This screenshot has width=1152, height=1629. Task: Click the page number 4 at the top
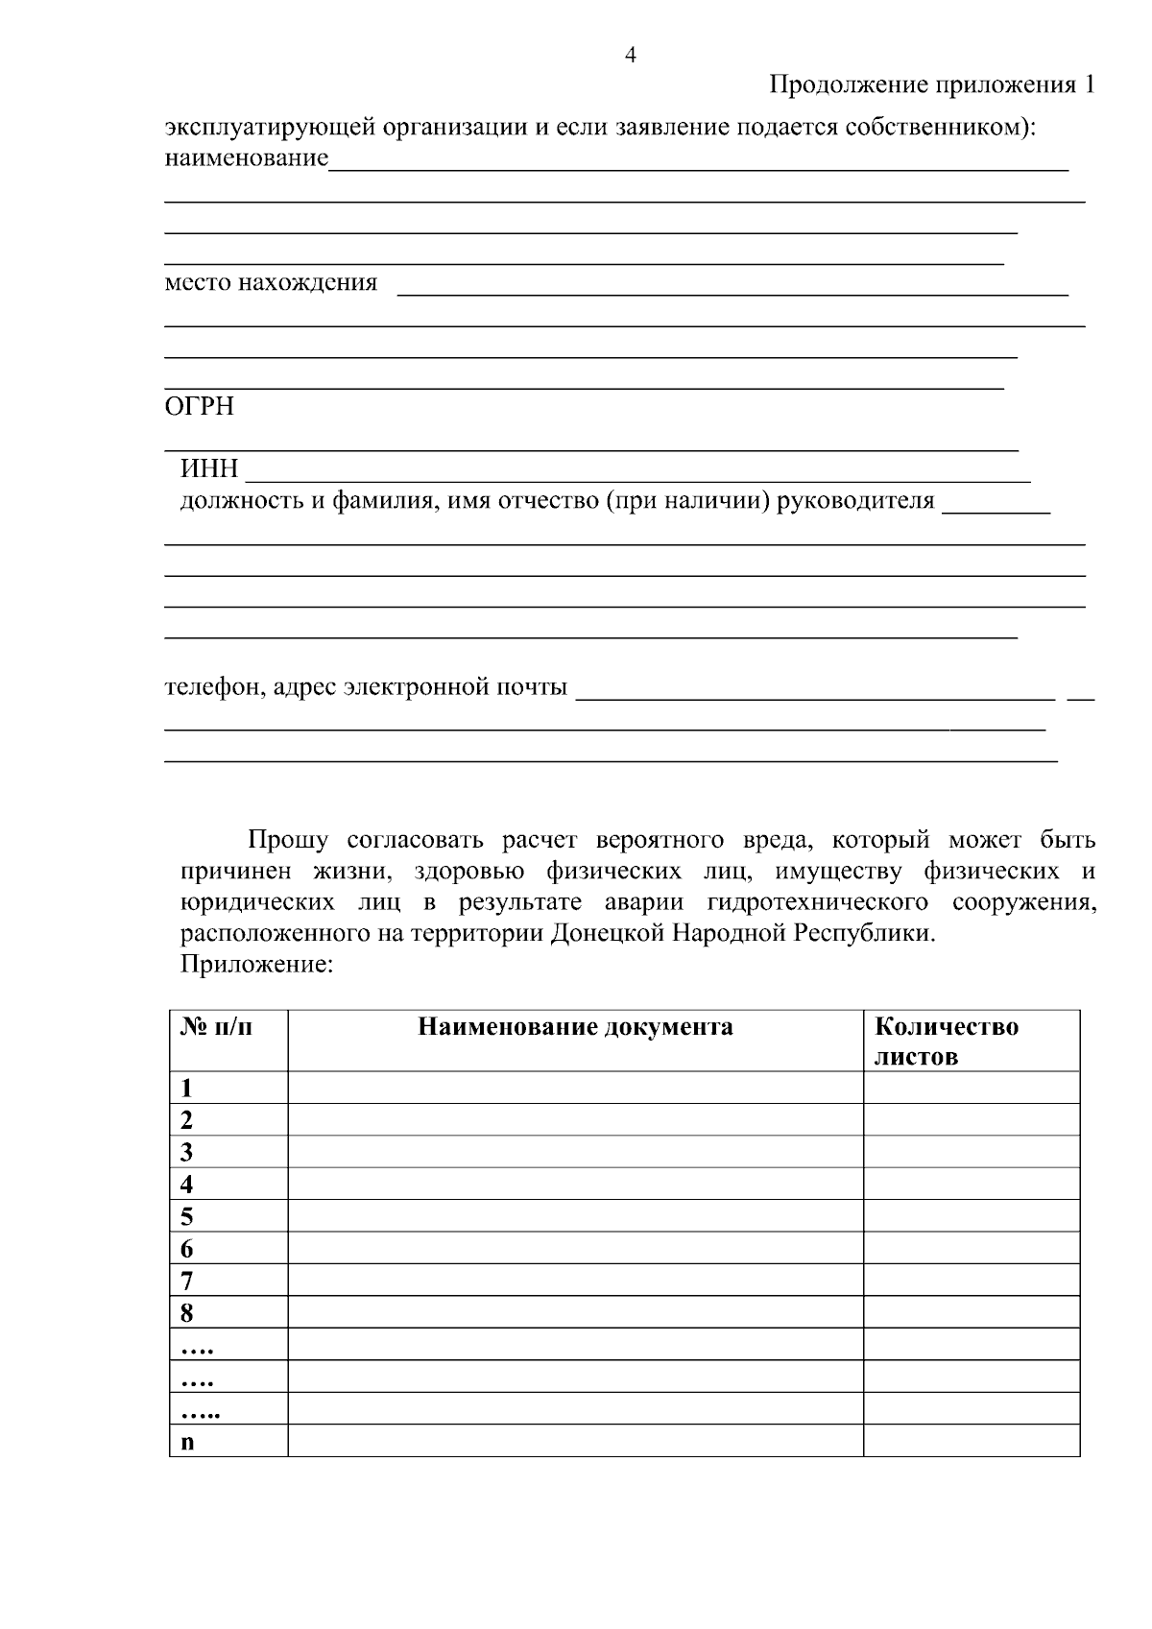pyautogui.click(x=630, y=55)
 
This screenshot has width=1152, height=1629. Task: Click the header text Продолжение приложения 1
pyautogui.click(x=931, y=85)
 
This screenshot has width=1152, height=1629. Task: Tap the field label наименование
pyautogui.click(x=246, y=157)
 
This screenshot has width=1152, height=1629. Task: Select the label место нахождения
pyautogui.click(x=271, y=283)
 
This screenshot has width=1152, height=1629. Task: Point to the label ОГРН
pyautogui.click(x=200, y=407)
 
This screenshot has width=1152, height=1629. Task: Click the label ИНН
pyautogui.click(x=209, y=470)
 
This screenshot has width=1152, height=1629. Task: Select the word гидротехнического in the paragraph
pyautogui.click(x=817, y=903)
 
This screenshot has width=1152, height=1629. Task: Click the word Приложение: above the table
pyautogui.click(x=256, y=965)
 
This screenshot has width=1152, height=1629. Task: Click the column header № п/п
pyautogui.click(x=217, y=1027)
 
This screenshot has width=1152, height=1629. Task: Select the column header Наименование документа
pyautogui.click(x=575, y=1027)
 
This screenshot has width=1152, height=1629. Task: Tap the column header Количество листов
pyautogui.click(x=946, y=1042)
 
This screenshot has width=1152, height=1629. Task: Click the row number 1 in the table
pyautogui.click(x=186, y=1088)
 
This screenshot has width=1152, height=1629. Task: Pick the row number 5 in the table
pyautogui.click(x=186, y=1217)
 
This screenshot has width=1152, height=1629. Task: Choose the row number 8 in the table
pyautogui.click(x=186, y=1313)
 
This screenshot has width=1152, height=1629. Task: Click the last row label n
pyautogui.click(x=187, y=1442)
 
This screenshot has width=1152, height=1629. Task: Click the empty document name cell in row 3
pyautogui.click(x=575, y=1152)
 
